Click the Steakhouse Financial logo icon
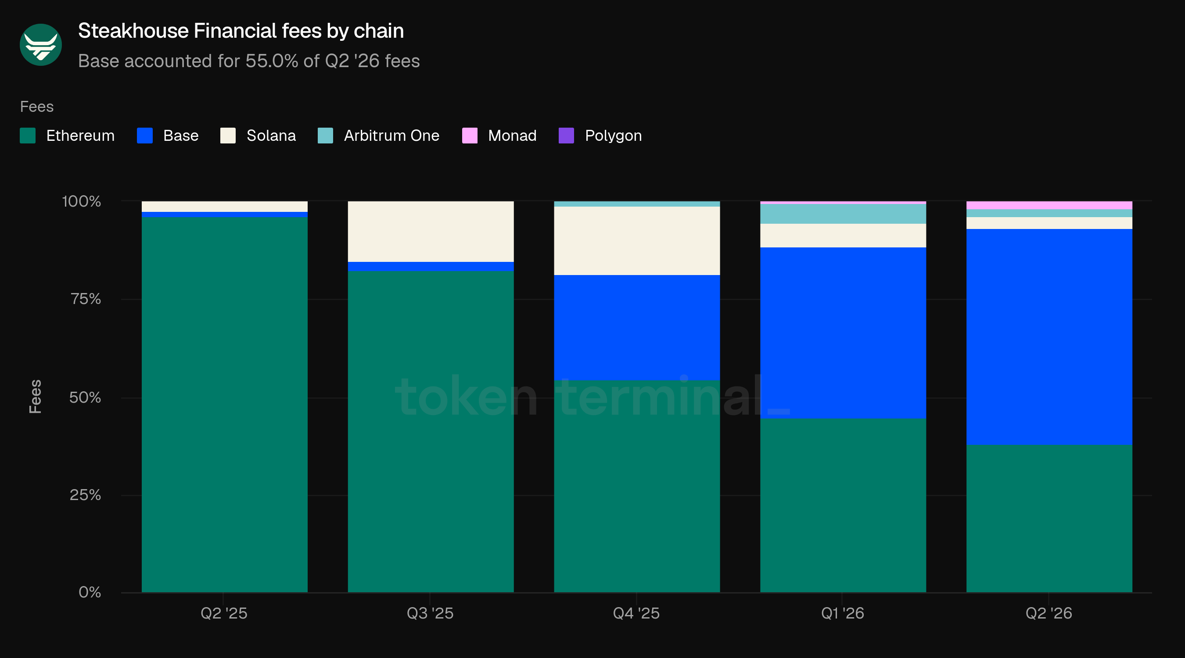pos(40,45)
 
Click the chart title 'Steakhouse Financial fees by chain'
pos(241,31)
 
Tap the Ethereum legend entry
pos(67,136)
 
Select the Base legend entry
pos(168,136)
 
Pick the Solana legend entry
pos(258,136)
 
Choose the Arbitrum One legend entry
pos(379,136)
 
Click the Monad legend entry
pos(499,136)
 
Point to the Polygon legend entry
pos(600,136)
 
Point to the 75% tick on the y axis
pos(86,299)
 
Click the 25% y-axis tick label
pos(85,495)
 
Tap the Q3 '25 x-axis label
pos(430,613)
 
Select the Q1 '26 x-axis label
pos(843,613)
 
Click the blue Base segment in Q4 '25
pos(637,328)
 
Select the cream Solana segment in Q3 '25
pos(431,231)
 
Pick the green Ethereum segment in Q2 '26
pos(1049,519)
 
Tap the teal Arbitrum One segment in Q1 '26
pos(843,214)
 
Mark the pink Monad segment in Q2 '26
pos(1049,205)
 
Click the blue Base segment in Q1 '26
pos(843,333)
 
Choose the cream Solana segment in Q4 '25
pos(637,241)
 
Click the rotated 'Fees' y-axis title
pos(36,397)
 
